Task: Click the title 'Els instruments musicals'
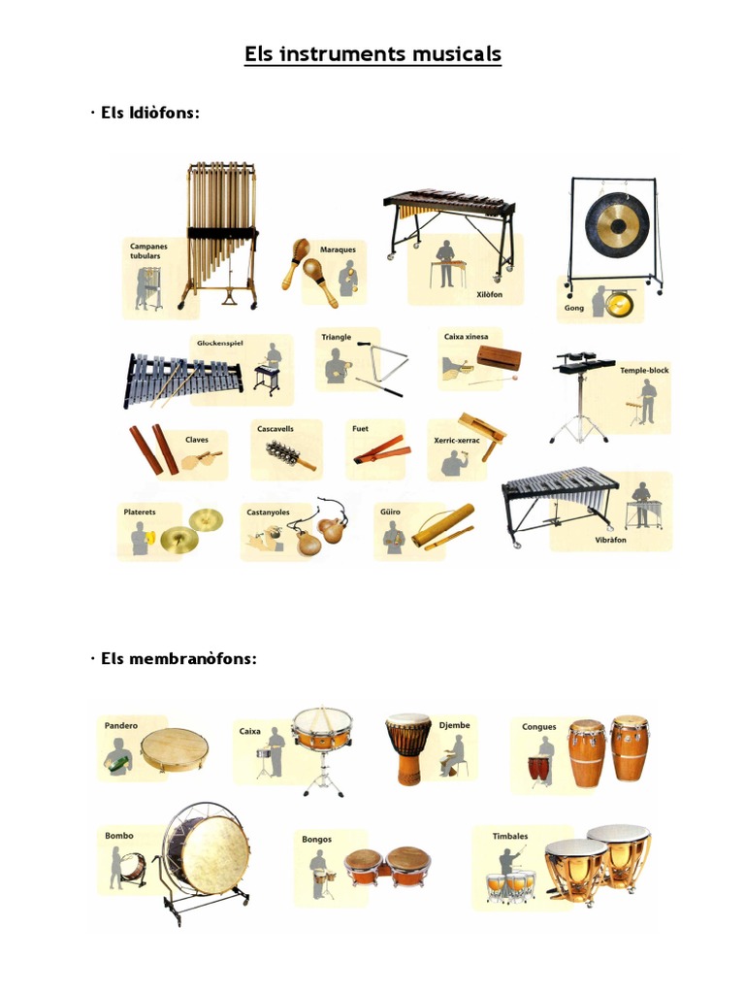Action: pyautogui.click(x=372, y=53)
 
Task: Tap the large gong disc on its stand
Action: pyautogui.click(x=615, y=226)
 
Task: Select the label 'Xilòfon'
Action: pyautogui.click(x=489, y=294)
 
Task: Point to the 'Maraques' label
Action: pyautogui.click(x=338, y=249)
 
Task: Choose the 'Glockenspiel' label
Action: pyautogui.click(x=218, y=343)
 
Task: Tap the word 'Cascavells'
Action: pyautogui.click(x=275, y=428)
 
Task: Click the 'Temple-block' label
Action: pyautogui.click(x=644, y=370)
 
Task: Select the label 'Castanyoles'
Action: pyautogui.click(x=268, y=512)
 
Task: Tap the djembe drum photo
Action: pyautogui.click(x=408, y=748)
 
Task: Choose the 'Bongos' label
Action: pyautogui.click(x=316, y=840)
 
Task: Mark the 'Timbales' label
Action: pyautogui.click(x=510, y=835)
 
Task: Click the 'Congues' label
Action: pyautogui.click(x=539, y=726)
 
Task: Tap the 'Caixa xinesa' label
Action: pyautogui.click(x=465, y=337)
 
